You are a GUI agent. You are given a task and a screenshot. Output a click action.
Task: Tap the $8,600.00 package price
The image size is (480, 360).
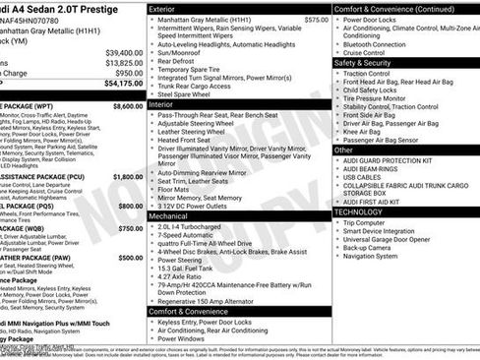click(x=128, y=104)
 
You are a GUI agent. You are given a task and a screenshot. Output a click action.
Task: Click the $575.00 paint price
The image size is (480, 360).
click(x=316, y=19)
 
